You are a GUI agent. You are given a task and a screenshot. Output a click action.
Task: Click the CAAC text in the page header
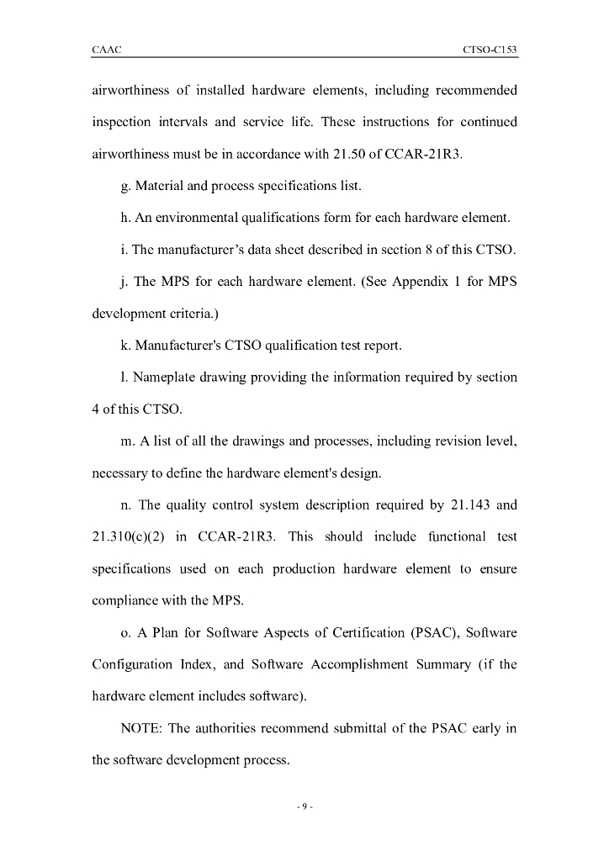[106, 50]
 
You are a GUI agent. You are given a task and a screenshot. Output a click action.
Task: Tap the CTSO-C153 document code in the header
[490, 50]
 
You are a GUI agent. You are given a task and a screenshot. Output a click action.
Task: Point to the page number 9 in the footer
[304, 807]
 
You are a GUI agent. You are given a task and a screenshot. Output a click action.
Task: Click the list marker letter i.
[124, 250]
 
